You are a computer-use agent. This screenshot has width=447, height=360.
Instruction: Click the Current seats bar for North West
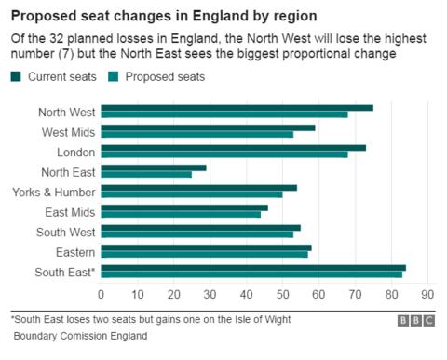coord(236,109)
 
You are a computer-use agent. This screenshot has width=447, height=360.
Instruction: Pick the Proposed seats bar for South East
coord(251,274)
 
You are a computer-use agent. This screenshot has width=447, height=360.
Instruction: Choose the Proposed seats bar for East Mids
coord(180,215)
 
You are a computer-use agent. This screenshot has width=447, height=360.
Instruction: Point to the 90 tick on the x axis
coord(428,295)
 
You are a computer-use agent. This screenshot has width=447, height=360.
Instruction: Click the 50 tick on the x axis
coord(282,295)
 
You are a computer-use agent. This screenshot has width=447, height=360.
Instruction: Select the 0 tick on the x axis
coord(101,295)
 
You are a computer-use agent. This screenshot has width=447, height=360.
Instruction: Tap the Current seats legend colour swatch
coord(16,76)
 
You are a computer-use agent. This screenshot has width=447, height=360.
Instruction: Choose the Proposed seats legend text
coord(165,76)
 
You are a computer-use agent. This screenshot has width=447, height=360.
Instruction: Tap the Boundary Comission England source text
coord(80,337)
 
